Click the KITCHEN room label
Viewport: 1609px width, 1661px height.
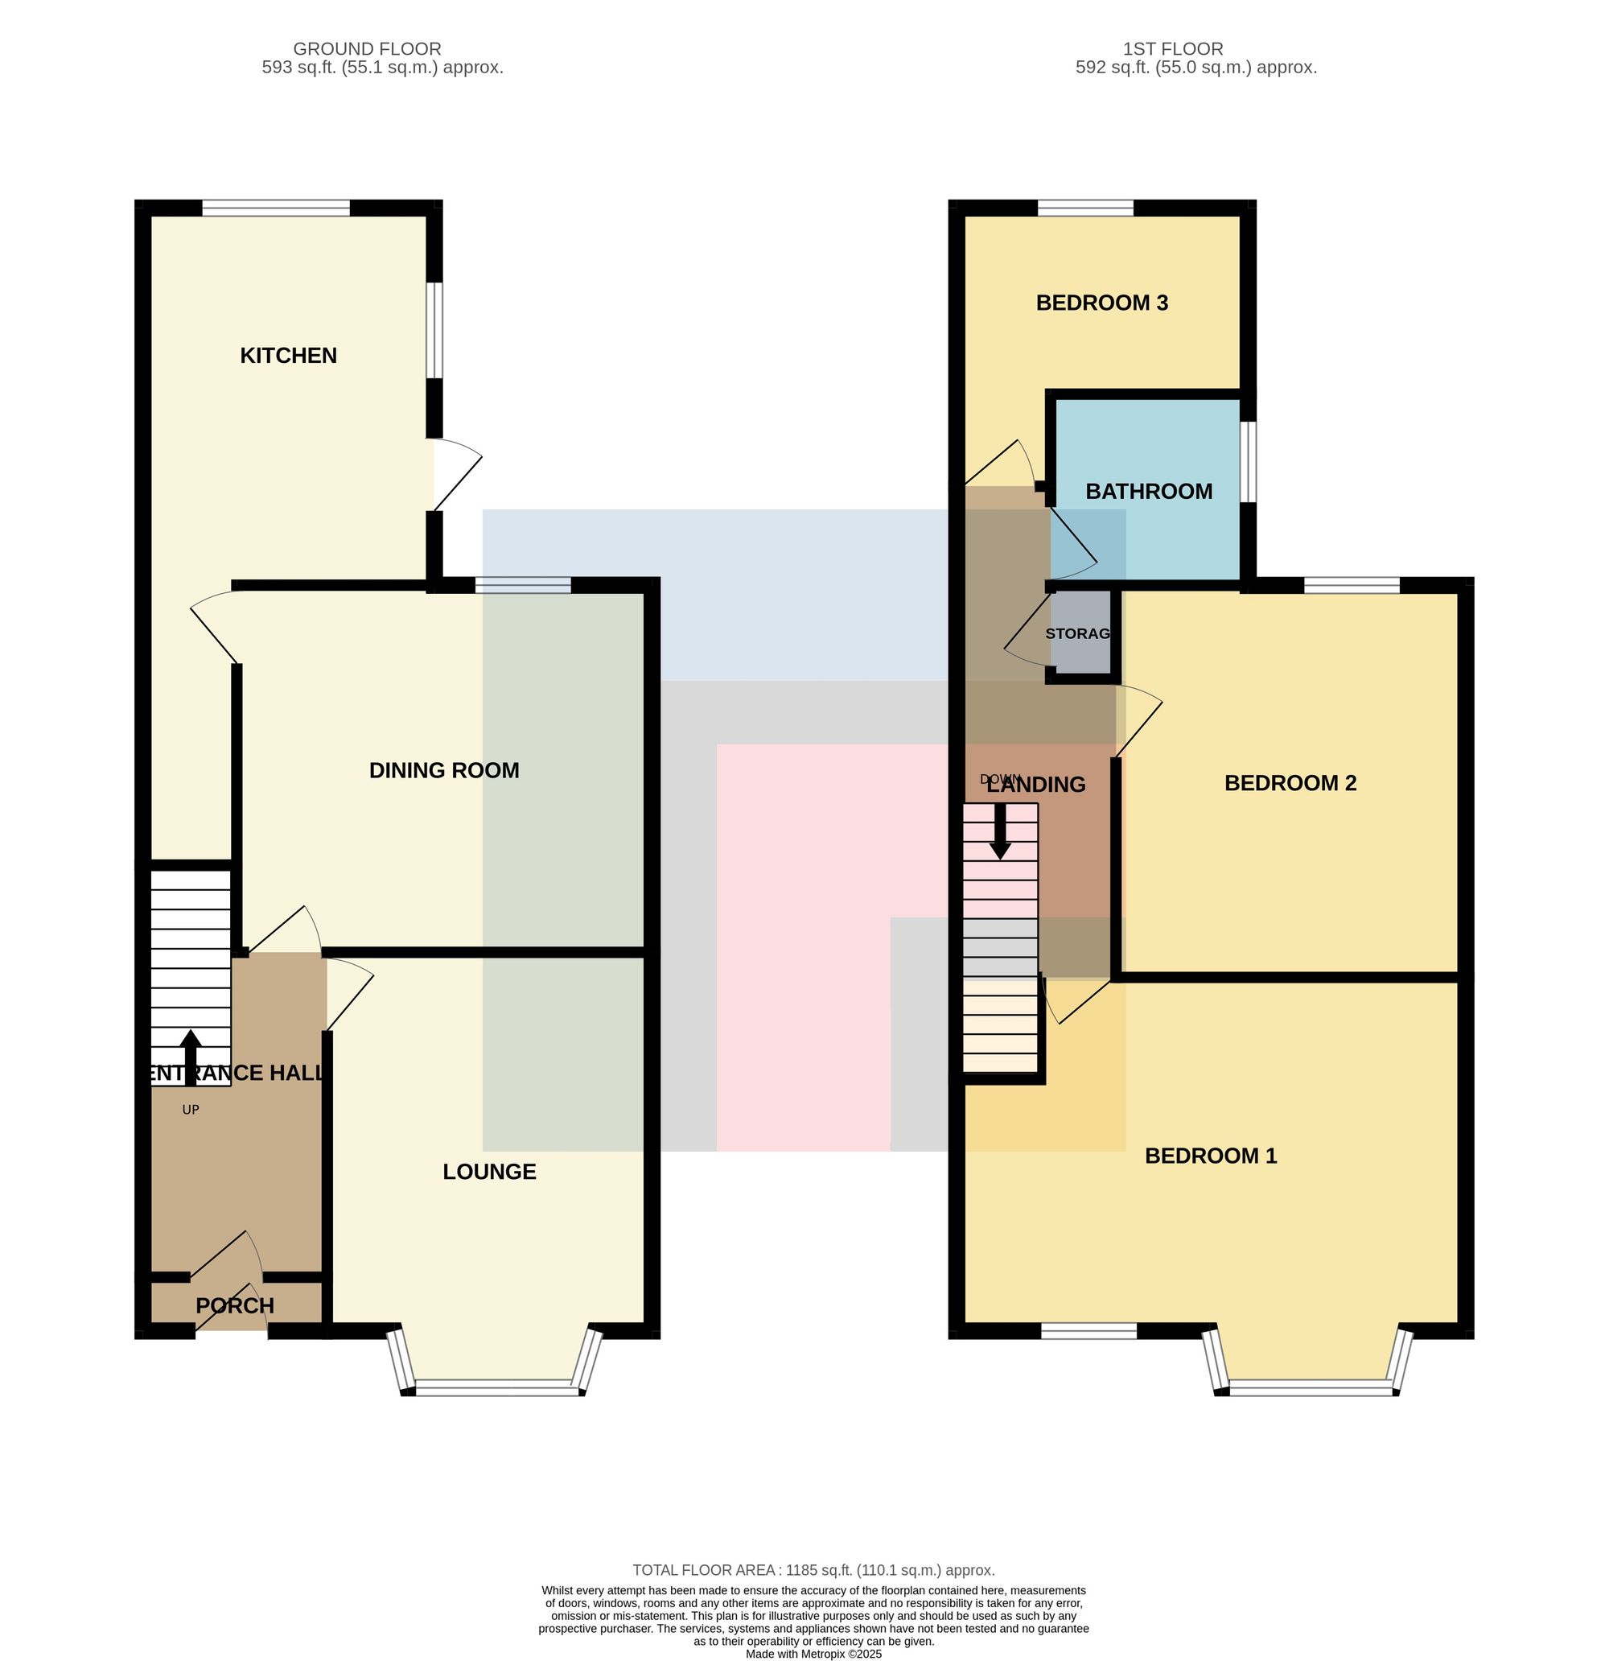(288, 355)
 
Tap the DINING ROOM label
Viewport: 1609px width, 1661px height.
(444, 770)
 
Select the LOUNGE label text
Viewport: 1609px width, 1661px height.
(490, 1171)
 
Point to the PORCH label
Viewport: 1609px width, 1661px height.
(235, 1305)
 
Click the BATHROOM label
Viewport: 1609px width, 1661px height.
(1149, 492)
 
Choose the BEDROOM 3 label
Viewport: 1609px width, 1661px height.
(1102, 303)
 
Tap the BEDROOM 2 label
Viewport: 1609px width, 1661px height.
(1290, 783)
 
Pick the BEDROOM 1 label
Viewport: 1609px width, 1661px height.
(1211, 1156)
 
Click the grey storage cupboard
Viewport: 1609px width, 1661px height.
(1080, 633)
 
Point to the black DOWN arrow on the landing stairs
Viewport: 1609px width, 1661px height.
(1001, 831)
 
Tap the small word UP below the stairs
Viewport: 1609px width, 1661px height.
(191, 1109)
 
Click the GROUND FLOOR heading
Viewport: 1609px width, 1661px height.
(367, 49)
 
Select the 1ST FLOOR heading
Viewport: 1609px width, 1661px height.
(1173, 49)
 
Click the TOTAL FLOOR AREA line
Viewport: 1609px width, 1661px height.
(813, 1570)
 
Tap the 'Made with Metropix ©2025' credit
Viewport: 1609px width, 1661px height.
(813, 1654)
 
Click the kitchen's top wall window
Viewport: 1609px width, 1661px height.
(276, 208)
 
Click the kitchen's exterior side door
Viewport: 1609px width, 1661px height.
(458, 475)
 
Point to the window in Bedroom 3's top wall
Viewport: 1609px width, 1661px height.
(1085, 208)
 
